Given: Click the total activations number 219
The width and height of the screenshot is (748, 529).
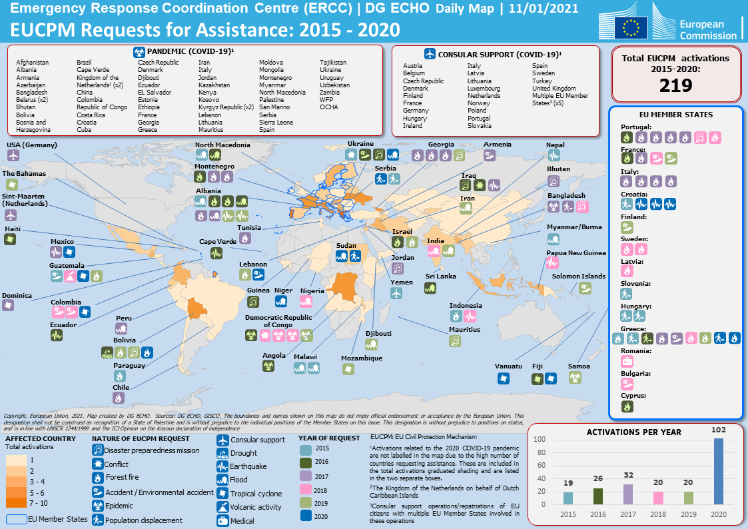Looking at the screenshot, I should (x=675, y=85).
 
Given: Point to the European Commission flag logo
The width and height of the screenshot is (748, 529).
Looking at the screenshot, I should (x=631, y=27).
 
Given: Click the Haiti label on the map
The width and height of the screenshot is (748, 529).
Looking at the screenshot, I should (x=12, y=229).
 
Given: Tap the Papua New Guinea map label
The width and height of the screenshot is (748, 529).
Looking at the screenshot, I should (x=576, y=253).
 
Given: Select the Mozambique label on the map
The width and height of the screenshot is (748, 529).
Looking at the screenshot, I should (x=362, y=358).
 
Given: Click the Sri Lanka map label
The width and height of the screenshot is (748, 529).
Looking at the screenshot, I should (x=441, y=276).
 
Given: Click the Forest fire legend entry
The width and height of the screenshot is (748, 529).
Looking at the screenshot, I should (x=122, y=478).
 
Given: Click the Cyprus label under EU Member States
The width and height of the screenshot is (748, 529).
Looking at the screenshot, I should (x=633, y=395).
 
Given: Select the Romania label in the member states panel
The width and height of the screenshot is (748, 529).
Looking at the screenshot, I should (x=637, y=350).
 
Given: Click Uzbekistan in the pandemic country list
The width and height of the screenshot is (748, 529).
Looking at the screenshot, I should (x=334, y=85).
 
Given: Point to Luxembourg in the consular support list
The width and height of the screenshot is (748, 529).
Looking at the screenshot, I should (x=484, y=89).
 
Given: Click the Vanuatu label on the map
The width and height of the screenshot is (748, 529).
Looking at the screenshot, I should (x=509, y=366).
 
